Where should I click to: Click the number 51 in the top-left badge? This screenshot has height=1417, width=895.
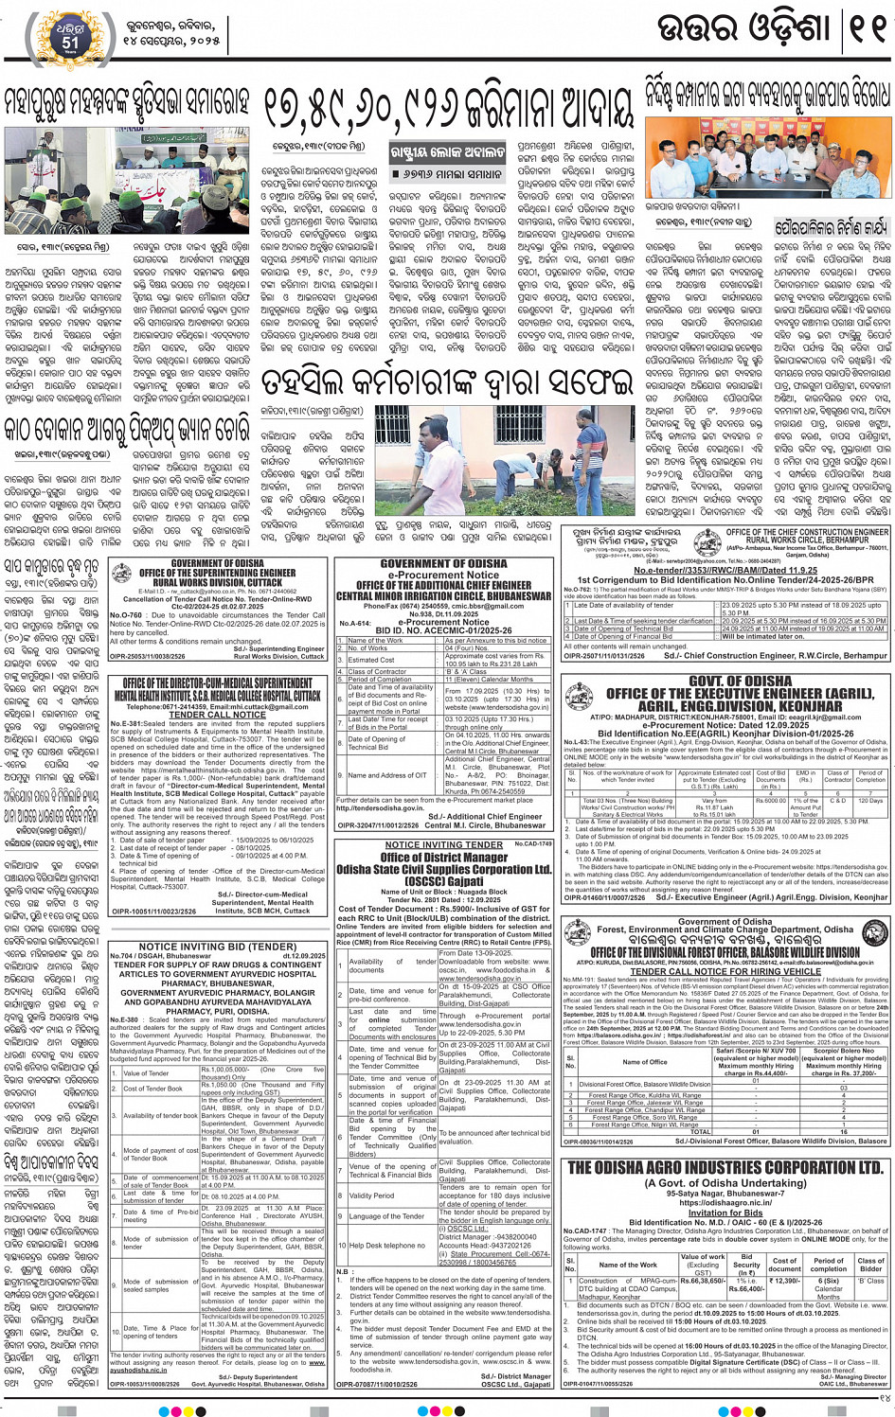(x=70, y=42)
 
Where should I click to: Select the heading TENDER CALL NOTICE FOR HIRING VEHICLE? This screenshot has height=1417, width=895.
(x=725, y=971)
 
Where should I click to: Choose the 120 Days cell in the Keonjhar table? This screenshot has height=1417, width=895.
(x=869, y=800)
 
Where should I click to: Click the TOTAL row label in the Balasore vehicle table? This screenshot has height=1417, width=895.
(x=700, y=1131)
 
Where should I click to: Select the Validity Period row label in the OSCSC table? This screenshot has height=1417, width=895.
(x=372, y=1196)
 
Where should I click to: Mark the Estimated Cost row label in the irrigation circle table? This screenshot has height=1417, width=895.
(x=372, y=659)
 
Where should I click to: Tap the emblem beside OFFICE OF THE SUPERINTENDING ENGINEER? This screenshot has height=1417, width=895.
(x=120, y=574)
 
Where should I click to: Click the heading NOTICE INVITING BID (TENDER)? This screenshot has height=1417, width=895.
(x=218, y=946)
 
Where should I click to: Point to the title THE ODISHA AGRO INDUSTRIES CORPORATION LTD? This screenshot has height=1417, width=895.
(x=725, y=1168)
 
